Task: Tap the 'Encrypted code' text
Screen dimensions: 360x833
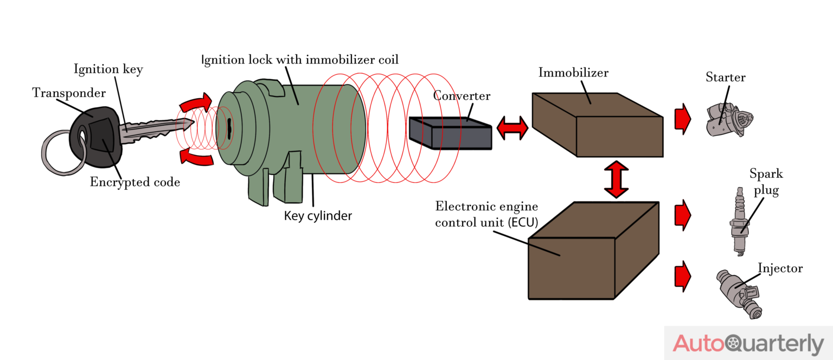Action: pyautogui.click(x=134, y=182)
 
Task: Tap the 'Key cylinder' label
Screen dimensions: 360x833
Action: pyautogui.click(x=318, y=216)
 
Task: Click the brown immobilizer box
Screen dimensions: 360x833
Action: pyautogui.click(x=597, y=127)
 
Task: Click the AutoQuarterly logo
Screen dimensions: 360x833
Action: pyautogui.click(x=748, y=344)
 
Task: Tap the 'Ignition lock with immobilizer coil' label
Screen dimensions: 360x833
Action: pyautogui.click(x=300, y=59)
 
